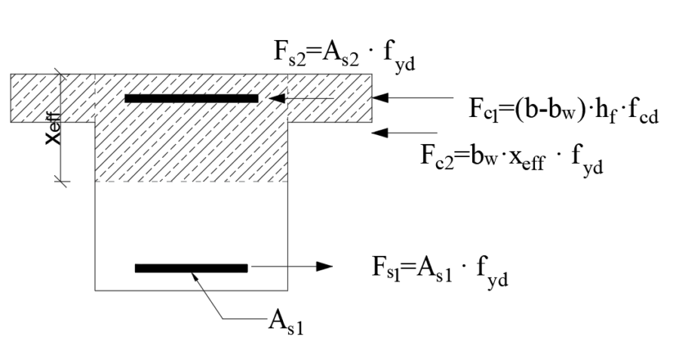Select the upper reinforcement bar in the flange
pyautogui.click(x=191, y=98)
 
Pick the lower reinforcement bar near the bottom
pyautogui.click(x=191, y=268)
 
